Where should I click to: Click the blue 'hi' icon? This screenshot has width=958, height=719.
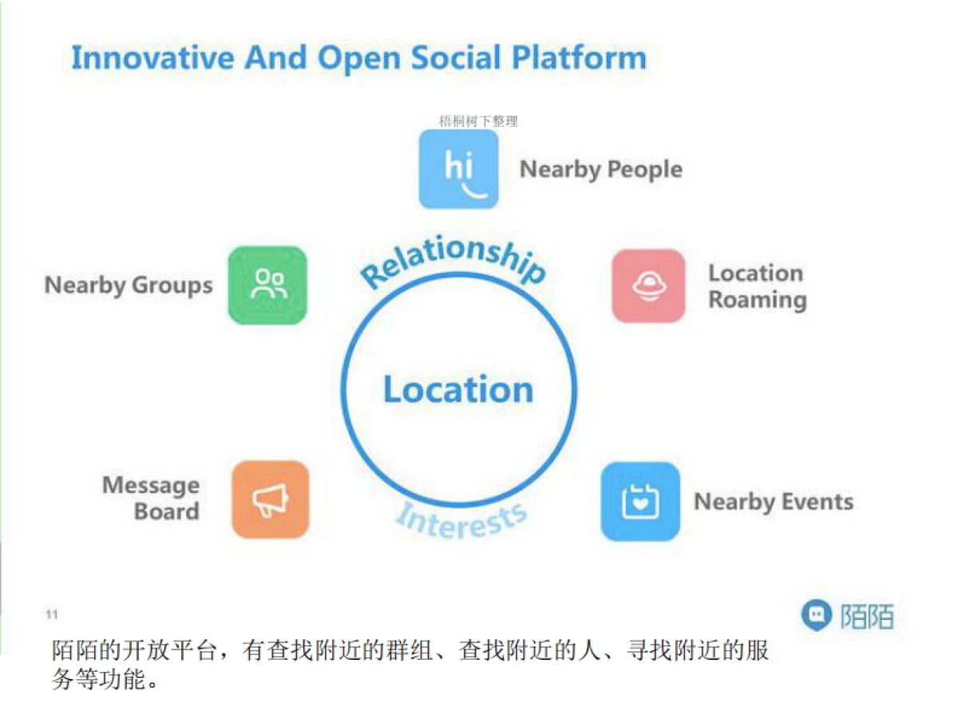click(459, 169)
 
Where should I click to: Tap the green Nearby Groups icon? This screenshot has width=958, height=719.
click(268, 285)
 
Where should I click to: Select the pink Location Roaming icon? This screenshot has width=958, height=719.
click(649, 286)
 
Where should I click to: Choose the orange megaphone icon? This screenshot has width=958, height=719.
click(270, 499)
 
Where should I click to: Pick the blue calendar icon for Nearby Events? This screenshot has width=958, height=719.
click(640, 502)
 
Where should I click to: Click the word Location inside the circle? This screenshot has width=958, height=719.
click(458, 390)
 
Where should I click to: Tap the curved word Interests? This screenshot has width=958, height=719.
click(461, 520)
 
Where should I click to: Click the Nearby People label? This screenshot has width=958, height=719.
click(601, 169)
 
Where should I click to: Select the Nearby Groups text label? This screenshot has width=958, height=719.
click(129, 285)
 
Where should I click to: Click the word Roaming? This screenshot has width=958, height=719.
click(758, 300)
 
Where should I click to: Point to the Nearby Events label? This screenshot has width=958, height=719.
click(774, 502)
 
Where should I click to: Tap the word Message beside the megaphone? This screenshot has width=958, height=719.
click(151, 486)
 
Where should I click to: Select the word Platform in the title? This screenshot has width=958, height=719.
click(579, 58)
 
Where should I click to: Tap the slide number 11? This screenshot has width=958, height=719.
click(52, 614)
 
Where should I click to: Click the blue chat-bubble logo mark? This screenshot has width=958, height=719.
click(815, 616)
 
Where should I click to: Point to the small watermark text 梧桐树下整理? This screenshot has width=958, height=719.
click(478, 121)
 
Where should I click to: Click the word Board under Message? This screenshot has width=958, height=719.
click(166, 512)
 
